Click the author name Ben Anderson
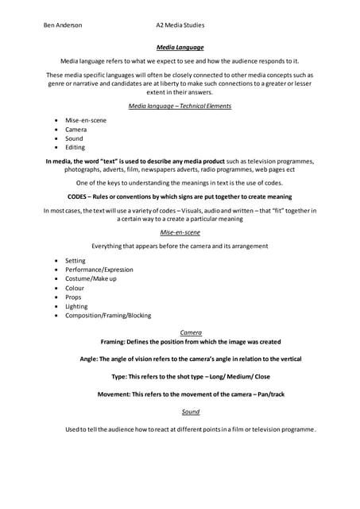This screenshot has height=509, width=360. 63,25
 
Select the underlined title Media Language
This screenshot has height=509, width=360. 180,48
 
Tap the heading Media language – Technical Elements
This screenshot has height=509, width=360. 180,105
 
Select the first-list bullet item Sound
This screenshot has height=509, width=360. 74,138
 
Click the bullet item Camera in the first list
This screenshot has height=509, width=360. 76,129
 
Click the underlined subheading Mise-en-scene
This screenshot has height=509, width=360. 180,232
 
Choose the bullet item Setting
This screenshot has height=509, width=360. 75,261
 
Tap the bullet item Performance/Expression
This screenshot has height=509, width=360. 99,270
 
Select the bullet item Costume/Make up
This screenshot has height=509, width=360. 91,279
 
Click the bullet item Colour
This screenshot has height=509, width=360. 75,288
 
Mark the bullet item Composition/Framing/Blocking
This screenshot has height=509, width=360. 107,316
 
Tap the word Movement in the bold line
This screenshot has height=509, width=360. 114,394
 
